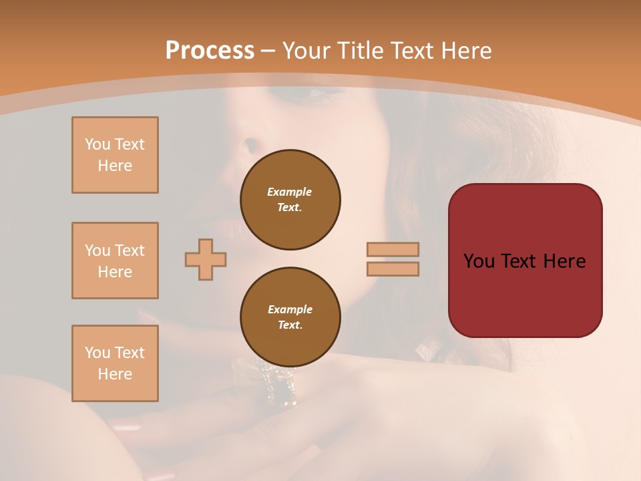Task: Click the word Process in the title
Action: (210, 51)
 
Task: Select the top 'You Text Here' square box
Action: (115, 155)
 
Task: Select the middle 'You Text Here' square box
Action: (115, 261)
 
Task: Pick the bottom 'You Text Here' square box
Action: (115, 363)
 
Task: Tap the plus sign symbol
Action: (206, 259)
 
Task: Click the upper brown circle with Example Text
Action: (290, 199)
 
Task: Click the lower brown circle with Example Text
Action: (290, 317)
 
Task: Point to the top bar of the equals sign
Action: (393, 249)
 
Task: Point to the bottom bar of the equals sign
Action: (393, 269)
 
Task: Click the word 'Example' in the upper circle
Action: (290, 192)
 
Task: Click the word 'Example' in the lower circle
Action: (290, 309)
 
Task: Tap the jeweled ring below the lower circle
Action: (280, 387)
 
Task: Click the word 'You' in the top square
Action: (97, 144)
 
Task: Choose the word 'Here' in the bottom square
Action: (115, 374)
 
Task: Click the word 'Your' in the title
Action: (306, 51)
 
